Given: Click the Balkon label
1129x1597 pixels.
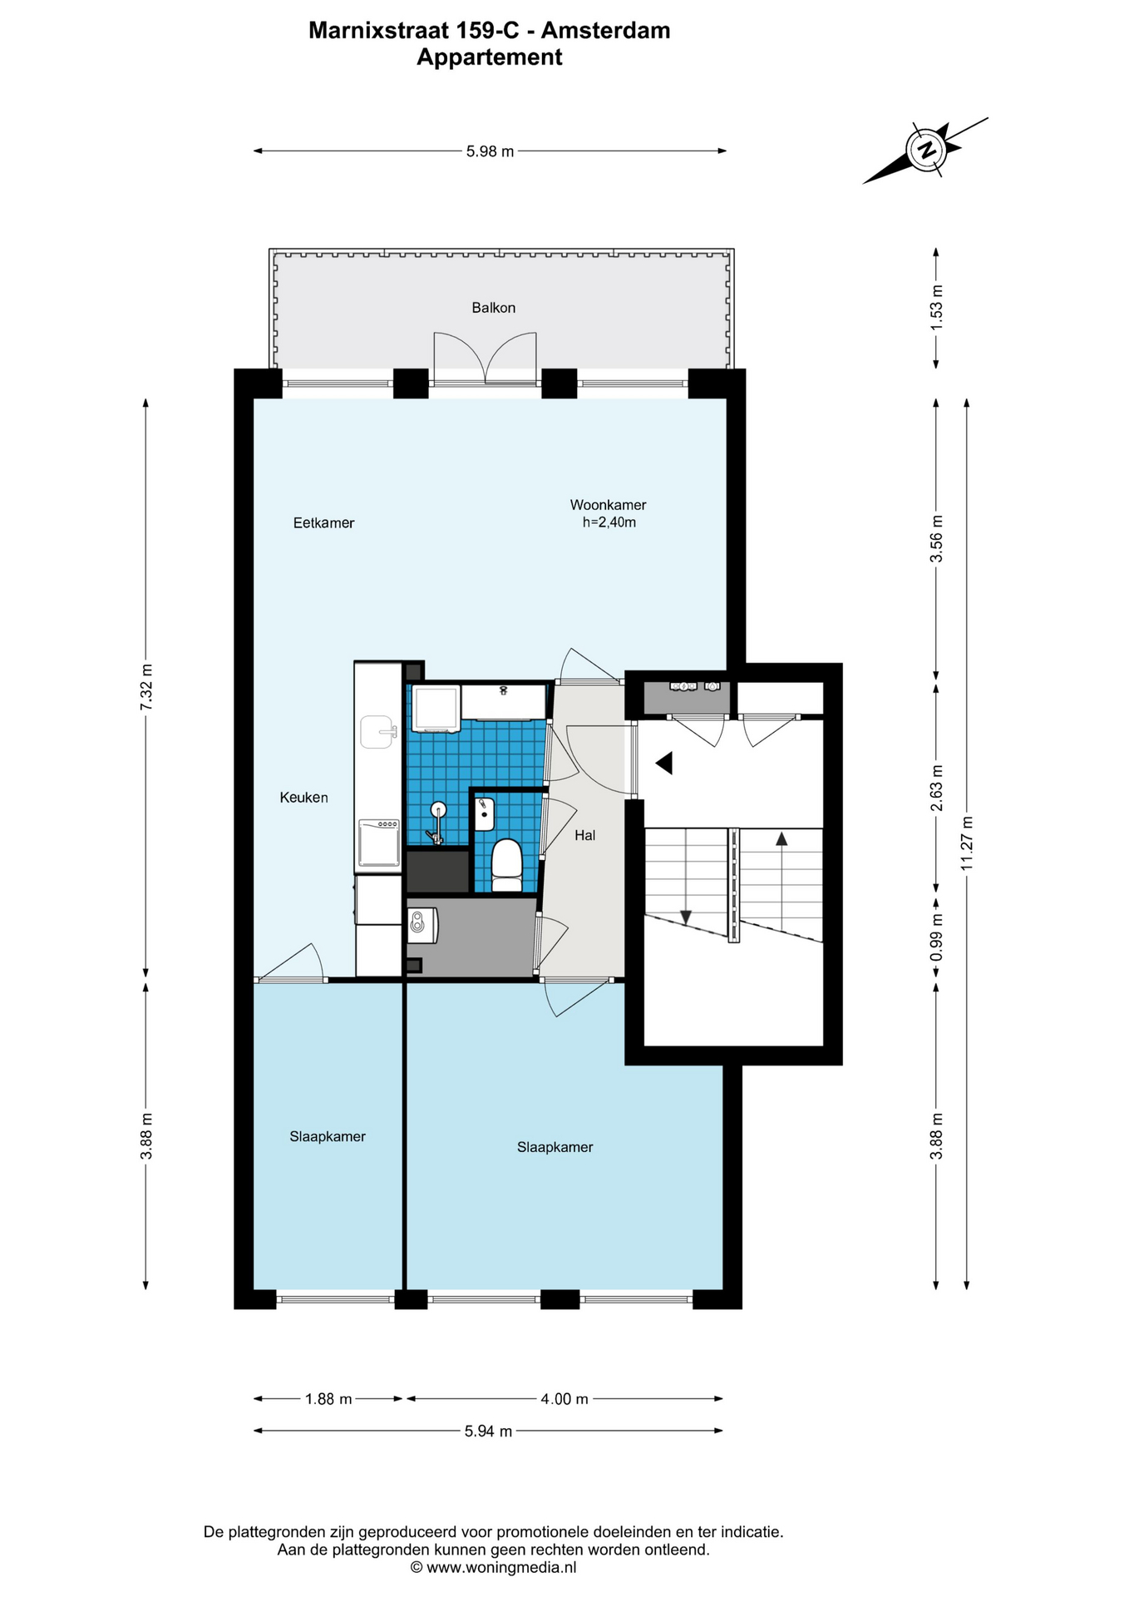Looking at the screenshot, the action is coord(493,308).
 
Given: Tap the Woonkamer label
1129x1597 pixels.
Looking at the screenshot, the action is coord(608,505).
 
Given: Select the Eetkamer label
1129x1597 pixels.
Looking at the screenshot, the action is coord(323,523).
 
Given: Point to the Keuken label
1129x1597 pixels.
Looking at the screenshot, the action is coord(303,798).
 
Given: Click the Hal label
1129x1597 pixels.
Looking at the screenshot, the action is coord(584,835).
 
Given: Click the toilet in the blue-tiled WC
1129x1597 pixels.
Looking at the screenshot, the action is coord(506,865).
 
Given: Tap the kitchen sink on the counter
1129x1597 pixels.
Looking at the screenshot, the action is coord(379,732).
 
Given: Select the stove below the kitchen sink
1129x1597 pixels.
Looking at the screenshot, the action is coord(379,843).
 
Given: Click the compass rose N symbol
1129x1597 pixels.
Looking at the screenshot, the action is coord(925,151).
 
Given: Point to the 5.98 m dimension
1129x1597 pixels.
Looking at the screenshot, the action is coord(490,151).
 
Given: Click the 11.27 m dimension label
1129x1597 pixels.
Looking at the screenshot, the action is coord(966,843).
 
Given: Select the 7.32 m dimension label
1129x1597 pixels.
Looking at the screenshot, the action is coord(146,686).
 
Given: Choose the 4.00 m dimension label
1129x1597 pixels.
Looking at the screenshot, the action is coord(564,1399).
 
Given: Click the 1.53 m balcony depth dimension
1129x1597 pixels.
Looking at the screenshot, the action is coord(936,308).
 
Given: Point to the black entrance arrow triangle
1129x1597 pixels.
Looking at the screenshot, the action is coord(663,763).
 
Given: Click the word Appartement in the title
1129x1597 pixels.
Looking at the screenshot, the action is coord(490,57).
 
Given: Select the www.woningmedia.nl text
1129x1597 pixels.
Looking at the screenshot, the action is coord(500,1568).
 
